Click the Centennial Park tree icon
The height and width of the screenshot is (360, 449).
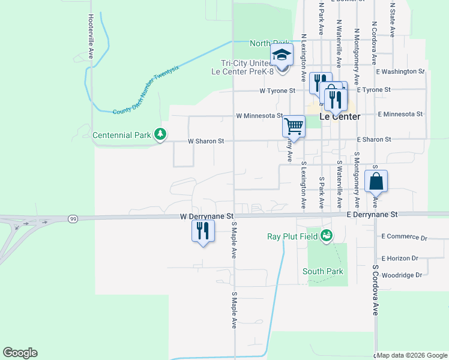(160, 134)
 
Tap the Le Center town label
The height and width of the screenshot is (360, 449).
(340, 116)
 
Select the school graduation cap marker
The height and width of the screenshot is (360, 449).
(281, 56)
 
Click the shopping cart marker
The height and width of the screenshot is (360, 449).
(294, 127)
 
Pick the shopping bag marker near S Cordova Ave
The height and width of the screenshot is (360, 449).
(376, 181)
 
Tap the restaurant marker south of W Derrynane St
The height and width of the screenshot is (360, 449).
(202, 231)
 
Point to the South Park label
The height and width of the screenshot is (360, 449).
(322, 271)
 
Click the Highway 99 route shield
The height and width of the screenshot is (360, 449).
(73, 218)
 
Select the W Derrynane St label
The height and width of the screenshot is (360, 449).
(206, 215)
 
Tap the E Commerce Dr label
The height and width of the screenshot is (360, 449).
(404, 237)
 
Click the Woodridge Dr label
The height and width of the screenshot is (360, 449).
(402, 275)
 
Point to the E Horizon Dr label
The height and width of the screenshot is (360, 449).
(399, 258)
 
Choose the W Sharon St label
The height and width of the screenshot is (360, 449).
(205, 141)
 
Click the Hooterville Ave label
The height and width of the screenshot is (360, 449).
(91, 36)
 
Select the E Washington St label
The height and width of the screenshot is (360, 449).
(400, 71)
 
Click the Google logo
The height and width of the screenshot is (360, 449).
(20, 353)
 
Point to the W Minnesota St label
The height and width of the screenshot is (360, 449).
(259, 115)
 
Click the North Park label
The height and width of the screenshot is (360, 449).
(270, 43)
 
